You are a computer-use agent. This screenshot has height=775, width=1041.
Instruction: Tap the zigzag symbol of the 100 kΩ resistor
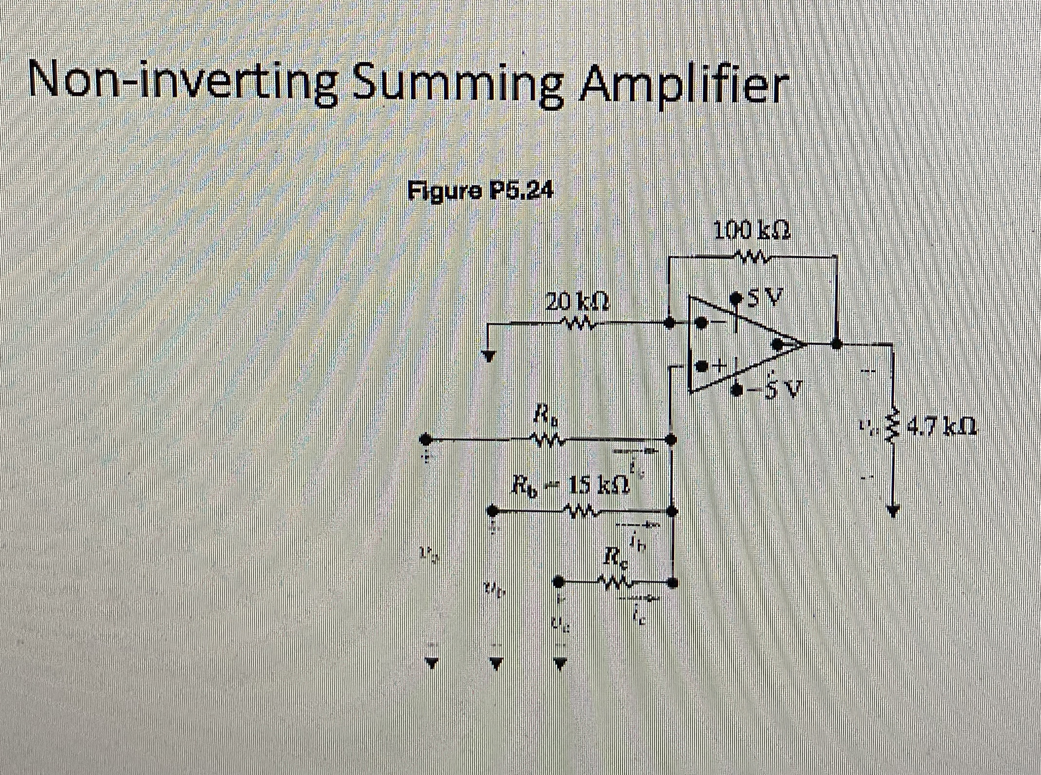pos(751,256)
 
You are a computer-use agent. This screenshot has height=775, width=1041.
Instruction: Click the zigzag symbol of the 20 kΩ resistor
pos(578,322)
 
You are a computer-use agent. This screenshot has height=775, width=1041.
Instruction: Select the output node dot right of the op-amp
pos(836,344)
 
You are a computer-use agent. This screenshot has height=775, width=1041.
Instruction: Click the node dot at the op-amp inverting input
pos(670,323)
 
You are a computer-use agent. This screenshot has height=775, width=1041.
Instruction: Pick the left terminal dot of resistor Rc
pos(560,581)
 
